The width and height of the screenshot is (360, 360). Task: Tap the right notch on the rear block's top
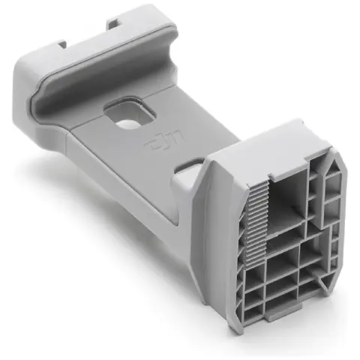(x=116, y=22)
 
